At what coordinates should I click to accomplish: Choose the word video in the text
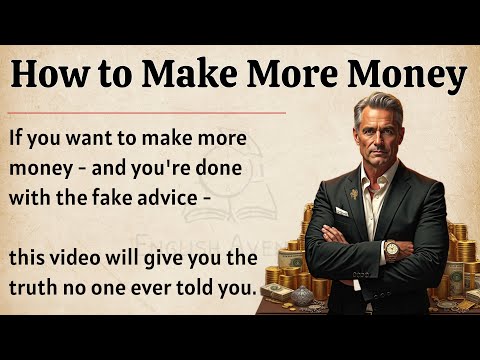pos(89,258)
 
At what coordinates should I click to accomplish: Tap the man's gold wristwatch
pos(391,248)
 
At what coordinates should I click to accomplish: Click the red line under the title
pos(150,112)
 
